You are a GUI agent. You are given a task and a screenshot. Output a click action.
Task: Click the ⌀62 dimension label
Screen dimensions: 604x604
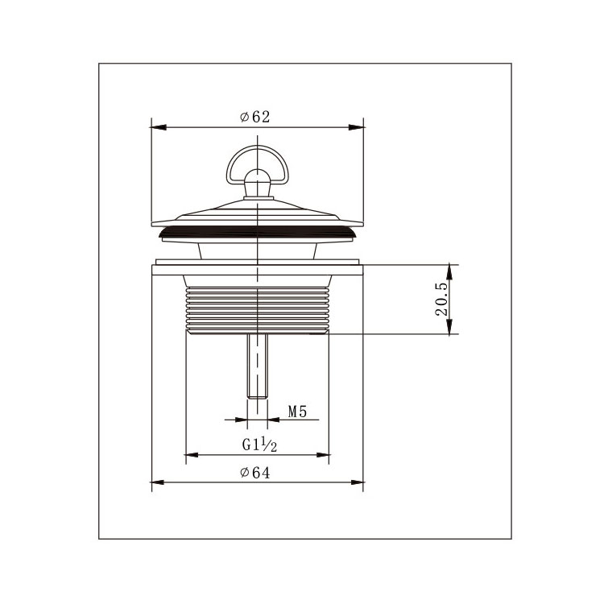coord(255,117)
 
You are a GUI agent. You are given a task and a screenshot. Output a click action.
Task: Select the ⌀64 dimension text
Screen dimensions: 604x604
coord(255,472)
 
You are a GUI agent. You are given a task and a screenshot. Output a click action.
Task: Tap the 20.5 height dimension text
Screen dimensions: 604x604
coord(441,300)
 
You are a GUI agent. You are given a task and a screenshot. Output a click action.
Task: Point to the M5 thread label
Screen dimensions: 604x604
coord(297,412)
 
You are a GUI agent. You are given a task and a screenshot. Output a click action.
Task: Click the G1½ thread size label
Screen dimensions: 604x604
coord(259,444)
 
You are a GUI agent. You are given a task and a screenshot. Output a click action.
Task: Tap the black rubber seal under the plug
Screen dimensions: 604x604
coord(258,232)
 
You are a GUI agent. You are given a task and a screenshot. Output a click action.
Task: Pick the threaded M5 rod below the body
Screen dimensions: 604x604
coord(258,366)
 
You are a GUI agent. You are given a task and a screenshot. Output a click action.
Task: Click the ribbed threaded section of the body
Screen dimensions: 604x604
coord(258,309)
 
